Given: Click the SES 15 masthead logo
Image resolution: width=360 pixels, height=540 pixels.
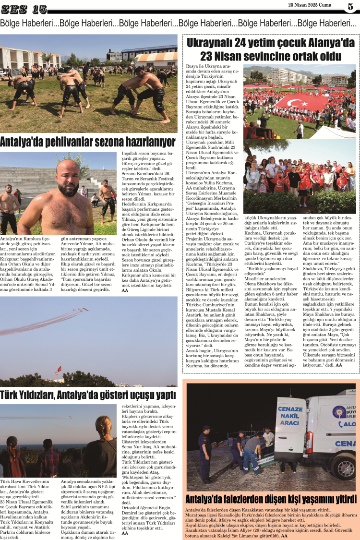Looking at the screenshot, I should (x=24, y=9).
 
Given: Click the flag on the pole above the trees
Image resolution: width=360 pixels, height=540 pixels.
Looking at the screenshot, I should (x=58, y=370).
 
